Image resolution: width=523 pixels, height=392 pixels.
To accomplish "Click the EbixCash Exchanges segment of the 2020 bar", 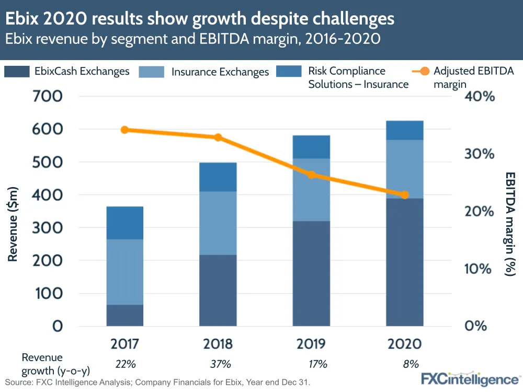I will click(x=404, y=261).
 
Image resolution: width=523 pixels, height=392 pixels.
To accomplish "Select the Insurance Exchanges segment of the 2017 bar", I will click(x=124, y=272).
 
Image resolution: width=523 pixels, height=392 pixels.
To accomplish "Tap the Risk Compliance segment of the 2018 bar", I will click(x=218, y=177).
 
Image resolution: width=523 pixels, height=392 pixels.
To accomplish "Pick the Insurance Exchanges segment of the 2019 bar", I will click(x=311, y=189).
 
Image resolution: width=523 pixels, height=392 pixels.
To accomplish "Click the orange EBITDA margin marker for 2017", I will click(x=124, y=130).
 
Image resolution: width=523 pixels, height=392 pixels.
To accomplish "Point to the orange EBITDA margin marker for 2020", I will click(x=404, y=195).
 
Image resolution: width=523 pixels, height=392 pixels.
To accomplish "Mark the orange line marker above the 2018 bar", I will click(x=218, y=137).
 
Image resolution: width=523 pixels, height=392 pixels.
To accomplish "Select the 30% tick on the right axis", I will click(x=480, y=154).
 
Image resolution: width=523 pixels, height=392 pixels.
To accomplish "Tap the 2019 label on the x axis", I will click(x=311, y=343).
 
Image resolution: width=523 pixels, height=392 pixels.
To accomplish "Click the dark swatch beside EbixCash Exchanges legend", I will click(x=16, y=72).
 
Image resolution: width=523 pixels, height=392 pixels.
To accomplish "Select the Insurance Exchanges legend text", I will click(x=220, y=72).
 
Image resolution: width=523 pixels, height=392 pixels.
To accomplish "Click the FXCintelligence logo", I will click(x=470, y=378).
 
